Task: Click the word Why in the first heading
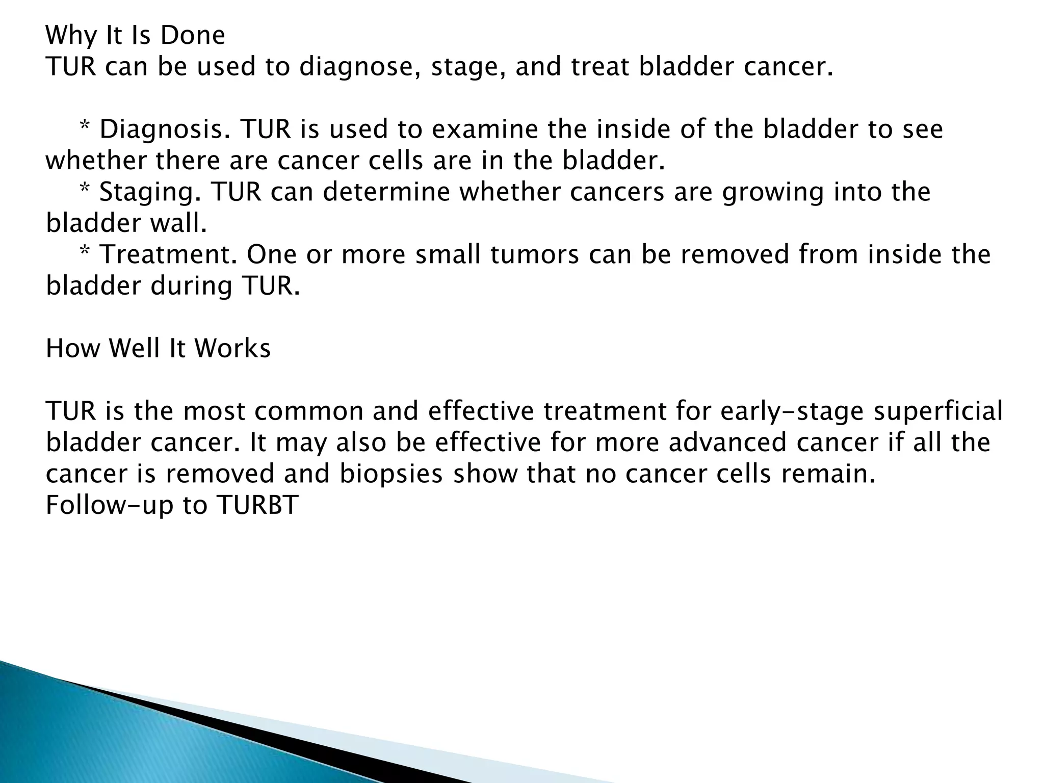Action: click(x=70, y=36)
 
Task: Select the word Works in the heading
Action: click(x=232, y=349)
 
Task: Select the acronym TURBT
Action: click(x=257, y=506)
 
